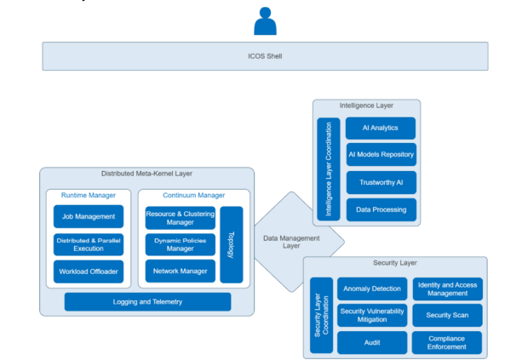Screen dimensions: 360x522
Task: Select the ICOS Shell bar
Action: click(267, 57)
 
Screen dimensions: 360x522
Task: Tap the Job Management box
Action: click(89, 216)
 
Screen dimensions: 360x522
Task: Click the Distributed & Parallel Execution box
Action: click(89, 244)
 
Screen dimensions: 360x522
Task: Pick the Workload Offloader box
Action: click(89, 272)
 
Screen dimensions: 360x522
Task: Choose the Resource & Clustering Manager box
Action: click(180, 217)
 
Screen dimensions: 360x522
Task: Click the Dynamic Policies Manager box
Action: click(180, 244)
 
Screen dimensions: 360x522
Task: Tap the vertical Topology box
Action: click(232, 244)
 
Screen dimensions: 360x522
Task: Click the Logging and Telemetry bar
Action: click(147, 301)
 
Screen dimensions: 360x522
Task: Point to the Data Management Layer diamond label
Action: click(291, 243)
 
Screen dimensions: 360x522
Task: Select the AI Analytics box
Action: click(381, 129)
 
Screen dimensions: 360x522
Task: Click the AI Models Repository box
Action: click(381, 155)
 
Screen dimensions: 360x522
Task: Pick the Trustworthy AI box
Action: click(381, 182)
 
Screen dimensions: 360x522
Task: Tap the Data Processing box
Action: click(381, 209)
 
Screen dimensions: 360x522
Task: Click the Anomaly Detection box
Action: click(371, 289)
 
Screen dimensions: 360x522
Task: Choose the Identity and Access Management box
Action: click(447, 289)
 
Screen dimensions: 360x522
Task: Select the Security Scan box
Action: click(447, 315)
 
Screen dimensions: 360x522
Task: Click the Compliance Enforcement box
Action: click(447, 342)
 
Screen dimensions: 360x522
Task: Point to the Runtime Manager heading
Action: click(89, 195)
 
